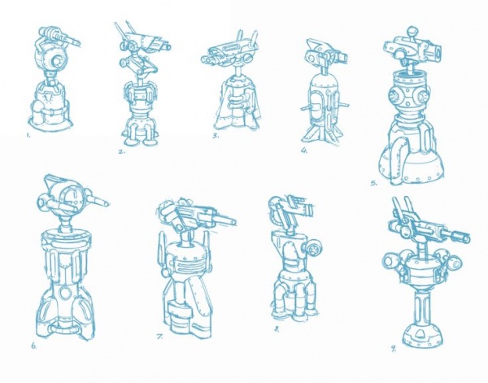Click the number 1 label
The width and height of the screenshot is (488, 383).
[x=28, y=135]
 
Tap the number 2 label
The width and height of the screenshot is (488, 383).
[x=122, y=151]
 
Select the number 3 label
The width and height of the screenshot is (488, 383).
[x=216, y=135]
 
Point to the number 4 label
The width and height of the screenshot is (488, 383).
[x=304, y=150]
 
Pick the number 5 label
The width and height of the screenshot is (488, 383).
[x=374, y=183]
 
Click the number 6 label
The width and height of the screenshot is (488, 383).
[x=33, y=346]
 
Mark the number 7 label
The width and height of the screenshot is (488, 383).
[x=159, y=337]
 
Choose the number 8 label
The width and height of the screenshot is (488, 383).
[x=277, y=329]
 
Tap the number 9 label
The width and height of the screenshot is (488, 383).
[x=394, y=349]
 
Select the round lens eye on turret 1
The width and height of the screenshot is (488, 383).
[x=57, y=62]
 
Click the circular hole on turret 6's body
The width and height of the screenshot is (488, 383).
[x=65, y=293]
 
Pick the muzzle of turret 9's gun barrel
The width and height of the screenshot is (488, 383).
[x=465, y=237]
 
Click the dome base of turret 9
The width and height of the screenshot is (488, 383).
[x=423, y=334]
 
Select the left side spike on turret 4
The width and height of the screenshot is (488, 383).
[x=306, y=108]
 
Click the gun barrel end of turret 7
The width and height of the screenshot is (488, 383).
[x=232, y=222]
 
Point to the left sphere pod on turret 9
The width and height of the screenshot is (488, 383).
[x=390, y=259]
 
